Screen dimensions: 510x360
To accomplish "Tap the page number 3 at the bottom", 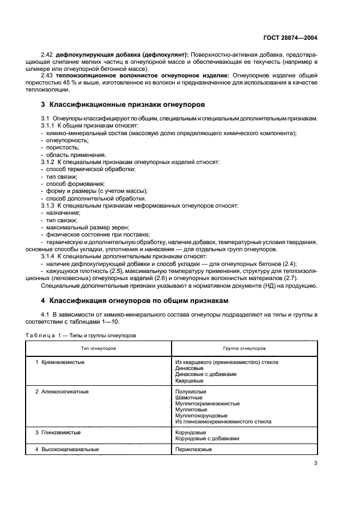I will tap(315, 463).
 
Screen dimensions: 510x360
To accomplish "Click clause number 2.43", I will tap(47, 75).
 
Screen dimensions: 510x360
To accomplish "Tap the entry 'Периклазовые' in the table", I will tap(193, 450).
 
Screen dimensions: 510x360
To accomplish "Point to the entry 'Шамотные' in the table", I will tap(190, 398).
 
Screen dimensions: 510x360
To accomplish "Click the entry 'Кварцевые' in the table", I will tap(190, 381).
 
